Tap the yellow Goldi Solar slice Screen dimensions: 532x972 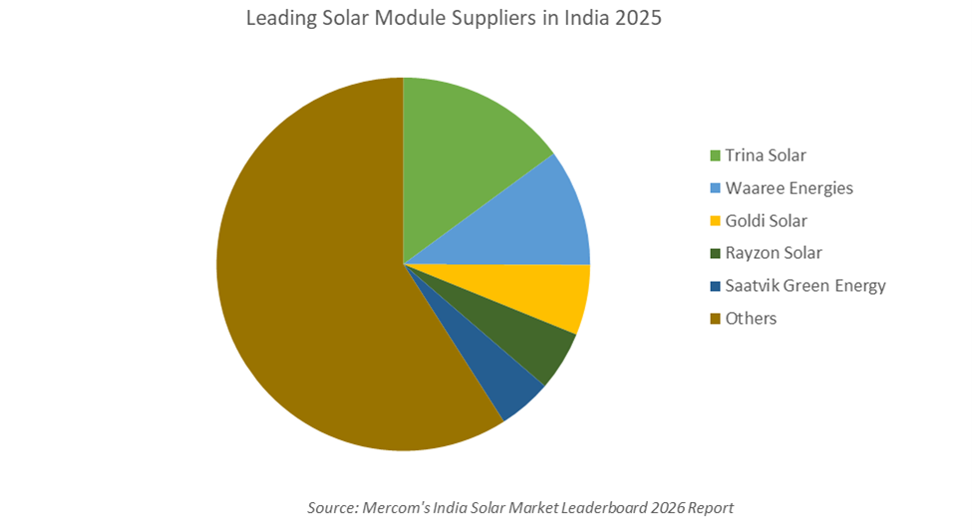(x=543, y=292)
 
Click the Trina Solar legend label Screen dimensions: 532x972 (x=765, y=155)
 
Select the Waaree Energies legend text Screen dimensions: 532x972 (x=789, y=188)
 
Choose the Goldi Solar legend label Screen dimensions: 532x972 (x=766, y=220)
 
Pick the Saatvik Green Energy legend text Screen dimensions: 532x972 (x=805, y=286)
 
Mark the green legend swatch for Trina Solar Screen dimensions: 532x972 (x=714, y=155)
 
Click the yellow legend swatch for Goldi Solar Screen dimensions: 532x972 (x=714, y=220)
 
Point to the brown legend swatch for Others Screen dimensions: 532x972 (x=714, y=319)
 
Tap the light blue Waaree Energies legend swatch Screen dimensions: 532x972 (x=714, y=188)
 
